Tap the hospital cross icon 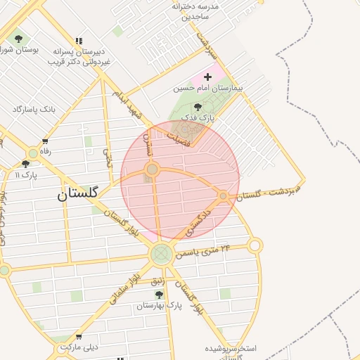207,76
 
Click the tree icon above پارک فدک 197,106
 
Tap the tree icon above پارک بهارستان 159,295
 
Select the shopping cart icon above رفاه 46,141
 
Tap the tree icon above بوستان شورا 18,39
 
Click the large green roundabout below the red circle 161,254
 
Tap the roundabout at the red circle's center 152,169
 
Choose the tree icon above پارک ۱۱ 25,164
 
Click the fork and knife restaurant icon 77,41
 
